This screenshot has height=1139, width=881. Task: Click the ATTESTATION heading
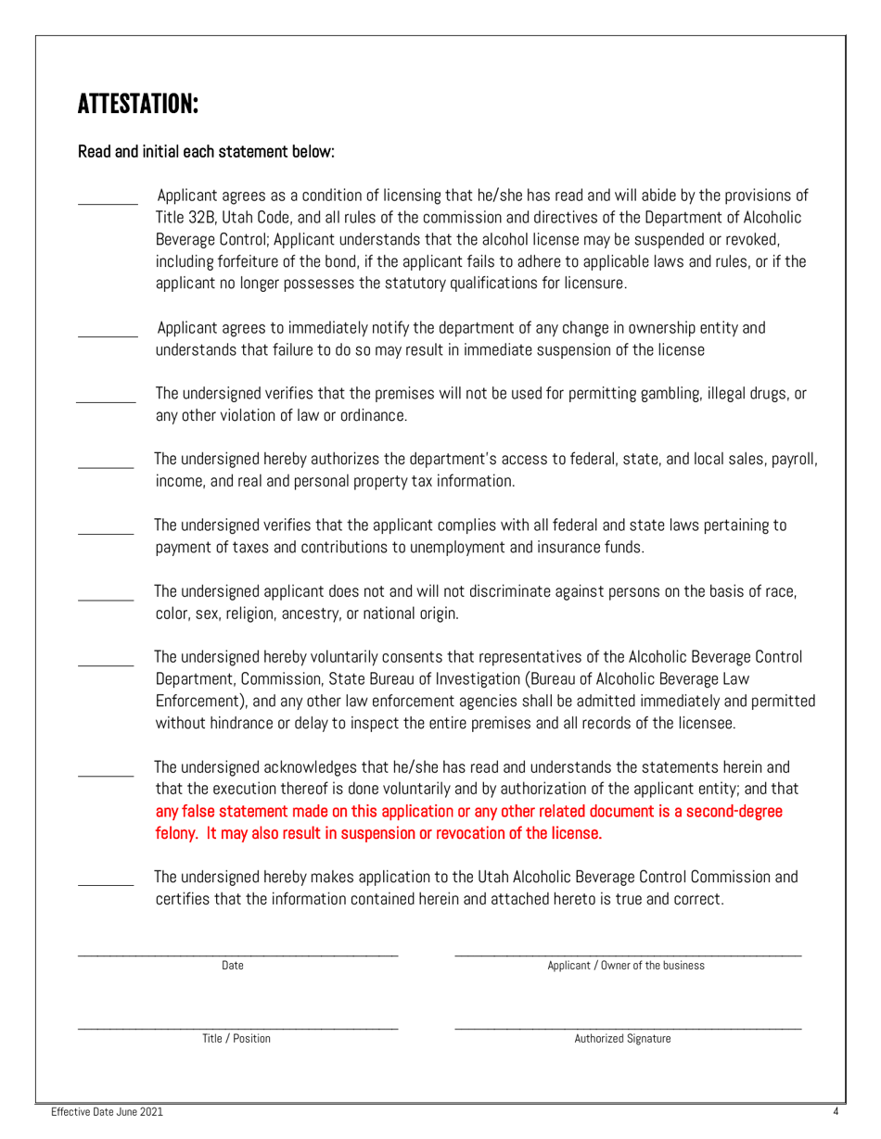(138, 104)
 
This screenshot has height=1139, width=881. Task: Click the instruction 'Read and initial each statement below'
(206, 151)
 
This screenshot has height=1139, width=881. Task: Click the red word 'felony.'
(177, 833)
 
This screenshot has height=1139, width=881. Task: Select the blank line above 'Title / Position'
(237, 1027)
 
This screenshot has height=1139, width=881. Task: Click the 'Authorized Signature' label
(622, 1039)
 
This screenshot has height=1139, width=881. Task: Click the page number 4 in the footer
(836, 1111)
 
